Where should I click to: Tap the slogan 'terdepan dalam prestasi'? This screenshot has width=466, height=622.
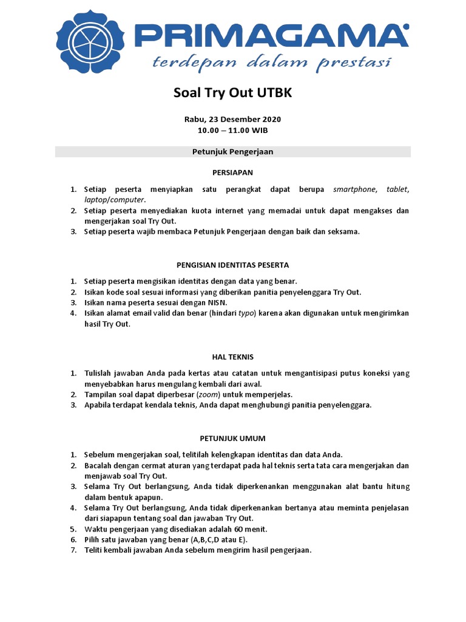point(271,62)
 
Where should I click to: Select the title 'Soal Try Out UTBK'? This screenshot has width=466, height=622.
point(233,93)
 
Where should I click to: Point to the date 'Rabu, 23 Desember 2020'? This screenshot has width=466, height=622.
point(233,119)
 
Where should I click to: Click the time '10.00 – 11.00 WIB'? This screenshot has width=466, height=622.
point(233,130)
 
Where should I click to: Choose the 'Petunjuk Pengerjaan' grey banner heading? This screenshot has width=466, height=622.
point(233,152)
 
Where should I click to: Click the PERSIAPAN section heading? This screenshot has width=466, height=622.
point(233,173)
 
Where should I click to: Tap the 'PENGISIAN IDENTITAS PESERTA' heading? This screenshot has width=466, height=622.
point(233,265)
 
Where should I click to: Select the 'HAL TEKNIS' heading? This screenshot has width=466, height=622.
point(233,357)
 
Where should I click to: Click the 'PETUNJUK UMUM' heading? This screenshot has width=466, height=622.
point(233,438)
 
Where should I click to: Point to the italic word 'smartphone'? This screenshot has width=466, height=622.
point(354,190)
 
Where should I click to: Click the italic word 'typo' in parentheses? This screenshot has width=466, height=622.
point(246,313)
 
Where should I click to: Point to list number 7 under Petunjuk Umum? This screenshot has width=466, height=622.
point(73,550)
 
